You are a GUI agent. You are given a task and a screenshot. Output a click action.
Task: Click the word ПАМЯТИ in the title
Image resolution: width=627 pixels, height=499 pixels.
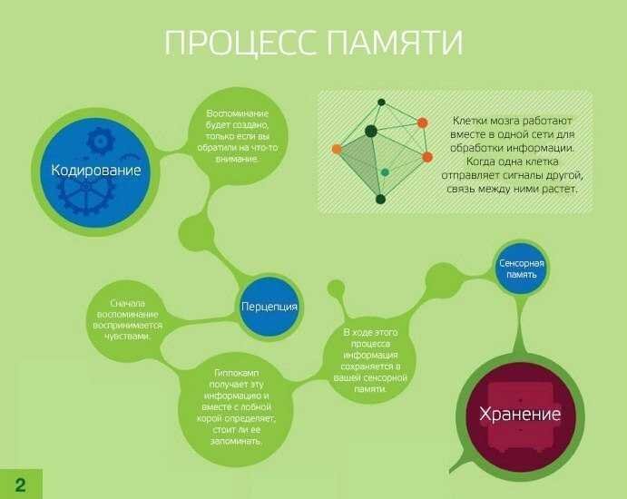pos(392,44)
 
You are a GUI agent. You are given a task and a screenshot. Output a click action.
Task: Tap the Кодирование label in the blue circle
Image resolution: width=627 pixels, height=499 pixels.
pos(96,170)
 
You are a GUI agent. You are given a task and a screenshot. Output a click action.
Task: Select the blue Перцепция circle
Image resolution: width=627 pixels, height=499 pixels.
pos(269,306)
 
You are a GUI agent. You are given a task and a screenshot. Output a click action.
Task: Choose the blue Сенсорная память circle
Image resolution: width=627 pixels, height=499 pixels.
pos(522,268)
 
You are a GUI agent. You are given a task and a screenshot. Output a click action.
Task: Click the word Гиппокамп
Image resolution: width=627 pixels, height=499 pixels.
pos(233,375)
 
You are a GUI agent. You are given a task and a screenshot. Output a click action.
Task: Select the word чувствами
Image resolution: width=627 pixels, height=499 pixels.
pos(128,336)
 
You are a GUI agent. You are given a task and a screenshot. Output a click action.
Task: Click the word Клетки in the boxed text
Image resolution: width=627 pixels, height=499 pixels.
pos(468,120)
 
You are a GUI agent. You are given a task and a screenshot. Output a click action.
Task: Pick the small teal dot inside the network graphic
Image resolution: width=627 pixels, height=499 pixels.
pos(385,171)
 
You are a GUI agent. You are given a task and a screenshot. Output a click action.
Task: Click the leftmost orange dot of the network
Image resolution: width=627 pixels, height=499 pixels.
pos(337,148)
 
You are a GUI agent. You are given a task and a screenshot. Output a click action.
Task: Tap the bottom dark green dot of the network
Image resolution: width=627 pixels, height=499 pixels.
pos(380,199)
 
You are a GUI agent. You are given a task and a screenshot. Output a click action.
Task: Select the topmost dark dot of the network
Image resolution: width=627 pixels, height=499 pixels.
pos(382,102)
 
